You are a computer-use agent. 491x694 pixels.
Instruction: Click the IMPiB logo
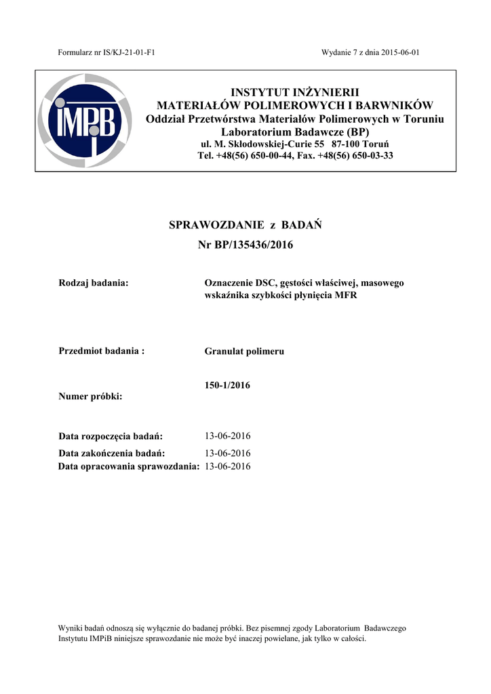pyautogui.click(x=84, y=121)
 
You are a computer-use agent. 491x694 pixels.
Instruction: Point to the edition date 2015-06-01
pyautogui.click(x=399, y=53)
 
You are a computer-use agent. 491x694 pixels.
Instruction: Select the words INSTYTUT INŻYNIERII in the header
pyautogui.click(x=295, y=92)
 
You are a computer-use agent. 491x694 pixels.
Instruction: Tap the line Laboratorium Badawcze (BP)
pyautogui.click(x=295, y=131)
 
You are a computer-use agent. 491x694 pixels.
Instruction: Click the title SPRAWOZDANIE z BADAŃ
pyautogui.click(x=245, y=225)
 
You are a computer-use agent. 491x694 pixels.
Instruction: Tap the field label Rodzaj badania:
pyautogui.click(x=94, y=283)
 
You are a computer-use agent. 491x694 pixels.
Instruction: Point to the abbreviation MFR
pyautogui.click(x=346, y=295)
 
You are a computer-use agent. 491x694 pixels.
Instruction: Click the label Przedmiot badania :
pyautogui.click(x=102, y=351)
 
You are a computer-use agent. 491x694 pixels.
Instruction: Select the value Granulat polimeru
pyautogui.click(x=244, y=352)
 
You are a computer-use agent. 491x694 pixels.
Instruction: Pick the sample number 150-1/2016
pyautogui.click(x=227, y=386)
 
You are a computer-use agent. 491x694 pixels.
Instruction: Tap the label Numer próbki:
pyautogui.click(x=90, y=396)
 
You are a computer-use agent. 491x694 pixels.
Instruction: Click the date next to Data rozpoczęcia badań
pyautogui.click(x=227, y=436)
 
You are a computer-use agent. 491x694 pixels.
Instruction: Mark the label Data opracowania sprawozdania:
pyautogui.click(x=129, y=466)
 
